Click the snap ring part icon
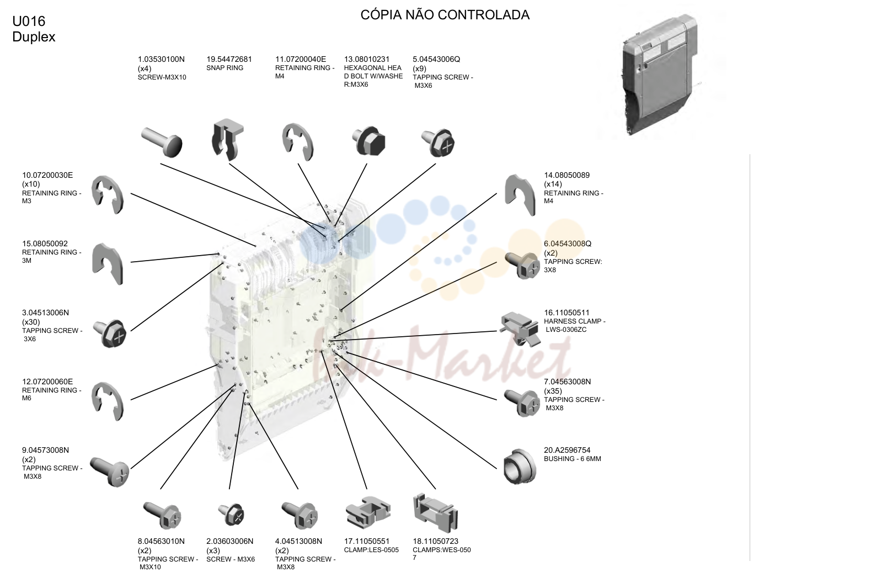pyautogui.click(x=227, y=139)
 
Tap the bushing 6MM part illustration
pyautogui.click(x=520, y=466)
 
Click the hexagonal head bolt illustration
pyautogui.click(x=368, y=141)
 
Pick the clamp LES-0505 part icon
pyautogui.click(x=368, y=512)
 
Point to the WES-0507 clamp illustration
pyautogui.click(x=435, y=513)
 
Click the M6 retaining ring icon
pyautogui.click(x=108, y=401)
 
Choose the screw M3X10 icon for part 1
pyautogui.click(x=162, y=141)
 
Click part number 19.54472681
pyautogui.click(x=229, y=59)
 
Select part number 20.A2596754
pyautogui.click(x=567, y=450)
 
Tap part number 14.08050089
pyautogui.click(x=567, y=175)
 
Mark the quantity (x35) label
pyautogui.click(x=553, y=391)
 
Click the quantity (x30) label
pyautogui.click(x=31, y=322)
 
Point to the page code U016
pyautogui.click(x=29, y=20)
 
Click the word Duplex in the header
pyautogui.click(x=34, y=37)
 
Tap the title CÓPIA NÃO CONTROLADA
pyautogui.click(x=445, y=15)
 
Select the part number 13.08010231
pyautogui.click(x=367, y=59)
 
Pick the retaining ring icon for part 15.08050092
pyautogui.click(x=108, y=263)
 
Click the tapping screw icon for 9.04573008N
pyautogui.click(x=109, y=472)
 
